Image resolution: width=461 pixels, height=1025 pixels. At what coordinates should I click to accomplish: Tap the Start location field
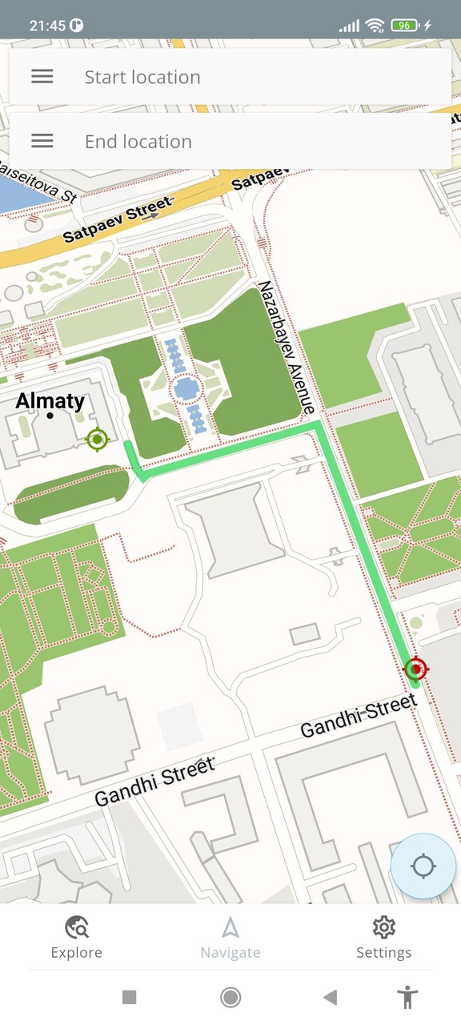click(x=240, y=77)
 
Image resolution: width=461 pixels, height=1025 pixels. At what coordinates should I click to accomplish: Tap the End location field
click(x=240, y=142)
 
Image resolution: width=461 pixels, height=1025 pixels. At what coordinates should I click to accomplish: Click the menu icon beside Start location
click(x=42, y=77)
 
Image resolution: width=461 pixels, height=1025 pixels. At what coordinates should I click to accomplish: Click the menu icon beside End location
click(x=42, y=142)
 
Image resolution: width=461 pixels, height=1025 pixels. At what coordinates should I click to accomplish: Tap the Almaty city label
click(x=50, y=401)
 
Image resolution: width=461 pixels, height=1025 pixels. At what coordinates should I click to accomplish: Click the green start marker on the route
click(x=98, y=439)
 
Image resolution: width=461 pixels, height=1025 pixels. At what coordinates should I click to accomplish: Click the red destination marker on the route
click(x=415, y=668)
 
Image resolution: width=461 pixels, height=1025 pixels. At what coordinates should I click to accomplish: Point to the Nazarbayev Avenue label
click(x=286, y=348)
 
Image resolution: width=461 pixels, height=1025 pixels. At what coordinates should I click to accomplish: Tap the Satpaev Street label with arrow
click(x=118, y=220)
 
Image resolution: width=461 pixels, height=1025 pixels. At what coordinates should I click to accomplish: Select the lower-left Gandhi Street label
click(x=154, y=782)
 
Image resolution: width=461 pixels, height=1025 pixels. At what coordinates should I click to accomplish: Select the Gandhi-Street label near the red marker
click(x=359, y=717)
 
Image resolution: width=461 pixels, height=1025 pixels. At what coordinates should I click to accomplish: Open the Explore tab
click(x=77, y=938)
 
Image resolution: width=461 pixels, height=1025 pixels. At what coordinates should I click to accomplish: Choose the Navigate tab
click(x=230, y=938)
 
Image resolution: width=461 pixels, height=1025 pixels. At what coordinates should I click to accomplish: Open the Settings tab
click(x=384, y=938)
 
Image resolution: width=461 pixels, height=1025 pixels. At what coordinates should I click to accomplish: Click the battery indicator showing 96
click(x=405, y=25)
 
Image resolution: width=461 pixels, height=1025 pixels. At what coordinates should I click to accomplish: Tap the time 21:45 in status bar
click(x=47, y=25)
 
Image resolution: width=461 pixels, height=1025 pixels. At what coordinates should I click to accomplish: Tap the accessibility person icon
click(x=408, y=997)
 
